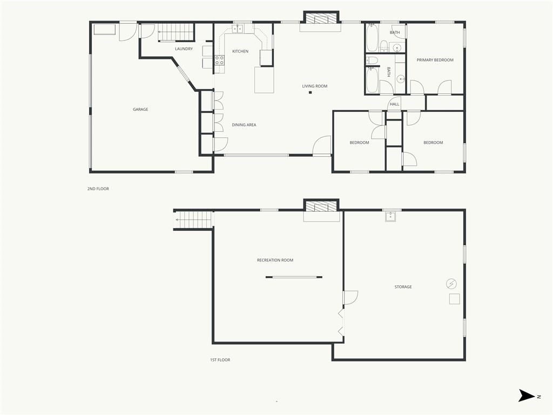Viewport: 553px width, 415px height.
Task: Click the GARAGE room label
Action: (x=140, y=109)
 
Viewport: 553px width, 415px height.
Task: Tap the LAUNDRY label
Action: (x=184, y=49)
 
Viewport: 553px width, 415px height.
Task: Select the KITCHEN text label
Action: (x=240, y=51)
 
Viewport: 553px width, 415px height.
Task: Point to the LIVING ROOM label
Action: (x=315, y=86)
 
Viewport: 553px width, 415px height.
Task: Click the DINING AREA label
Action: (x=244, y=125)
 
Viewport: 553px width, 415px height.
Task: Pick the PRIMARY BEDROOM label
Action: (x=435, y=60)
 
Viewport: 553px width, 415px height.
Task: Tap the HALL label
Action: (x=394, y=104)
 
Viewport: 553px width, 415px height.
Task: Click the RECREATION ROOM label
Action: (x=275, y=260)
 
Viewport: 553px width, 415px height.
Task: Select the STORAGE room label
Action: (x=403, y=287)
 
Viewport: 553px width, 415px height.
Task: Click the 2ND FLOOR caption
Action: (x=98, y=189)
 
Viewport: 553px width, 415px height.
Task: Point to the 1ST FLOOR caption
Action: (x=220, y=360)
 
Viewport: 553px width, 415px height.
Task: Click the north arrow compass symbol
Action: (x=527, y=395)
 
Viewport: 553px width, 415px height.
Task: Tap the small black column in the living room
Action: (x=311, y=92)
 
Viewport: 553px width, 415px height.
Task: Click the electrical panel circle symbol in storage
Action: (x=451, y=283)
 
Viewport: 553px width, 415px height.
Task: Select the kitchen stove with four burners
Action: (x=219, y=60)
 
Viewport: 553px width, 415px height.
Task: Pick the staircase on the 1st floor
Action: (x=194, y=220)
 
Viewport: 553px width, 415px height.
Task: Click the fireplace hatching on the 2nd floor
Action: (x=321, y=18)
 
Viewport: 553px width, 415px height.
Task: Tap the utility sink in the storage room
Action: (x=390, y=216)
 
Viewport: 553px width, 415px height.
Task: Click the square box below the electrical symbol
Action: (x=454, y=299)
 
